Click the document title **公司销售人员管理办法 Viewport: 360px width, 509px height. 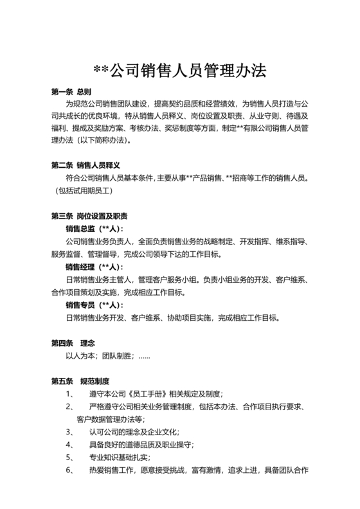[x=179, y=70]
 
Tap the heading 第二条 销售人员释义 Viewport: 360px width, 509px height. [x=85, y=165]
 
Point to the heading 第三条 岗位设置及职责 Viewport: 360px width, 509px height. [x=89, y=216]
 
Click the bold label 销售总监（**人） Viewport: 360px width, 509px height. [x=94, y=229]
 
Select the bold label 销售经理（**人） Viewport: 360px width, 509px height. [x=94, y=267]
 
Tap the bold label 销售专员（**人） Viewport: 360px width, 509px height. [x=94, y=305]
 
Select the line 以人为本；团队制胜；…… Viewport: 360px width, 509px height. [x=108, y=355]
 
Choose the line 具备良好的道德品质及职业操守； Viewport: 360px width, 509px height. [x=141, y=445]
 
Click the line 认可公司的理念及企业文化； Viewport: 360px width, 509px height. [x=134, y=432]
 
